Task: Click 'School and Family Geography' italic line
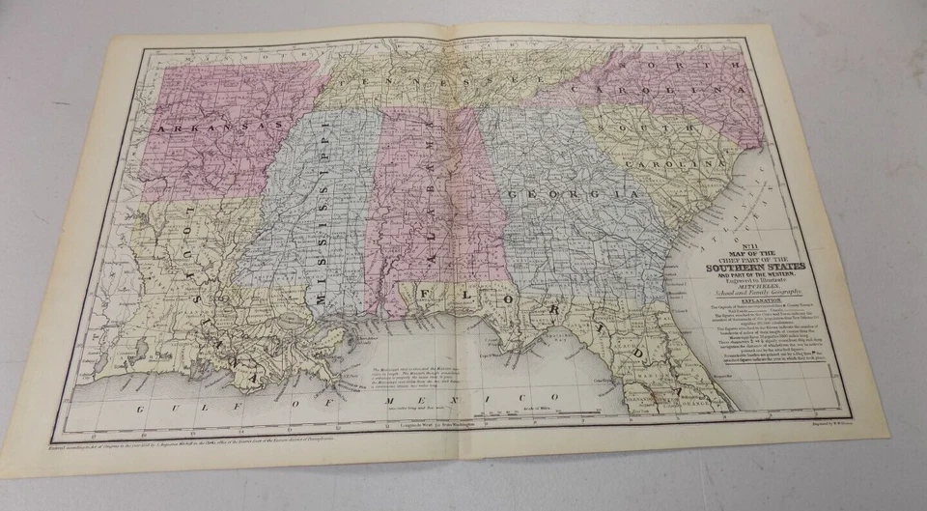pyautogui.click(x=767, y=292)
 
